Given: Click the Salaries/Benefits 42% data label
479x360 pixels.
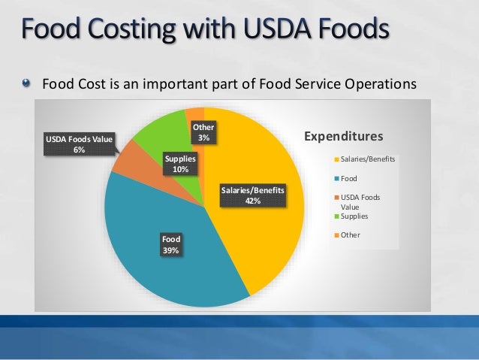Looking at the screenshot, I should click(x=252, y=195).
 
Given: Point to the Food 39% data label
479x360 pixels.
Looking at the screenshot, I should click(x=170, y=245).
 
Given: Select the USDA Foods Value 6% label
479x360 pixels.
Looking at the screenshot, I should click(x=79, y=144).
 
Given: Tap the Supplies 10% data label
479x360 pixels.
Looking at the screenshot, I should click(x=180, y=164).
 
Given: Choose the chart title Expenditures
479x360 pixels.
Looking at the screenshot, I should click(x=343, y=136).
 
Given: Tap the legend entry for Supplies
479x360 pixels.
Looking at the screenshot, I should click(x=354, y=216).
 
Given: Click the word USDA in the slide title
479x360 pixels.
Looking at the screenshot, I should click(x=265, y=31).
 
